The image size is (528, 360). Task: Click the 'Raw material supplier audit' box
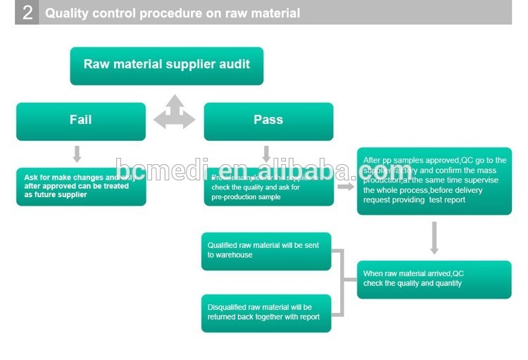(166, 66)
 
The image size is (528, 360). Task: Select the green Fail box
(81, 121)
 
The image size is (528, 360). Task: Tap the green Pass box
(268, 121)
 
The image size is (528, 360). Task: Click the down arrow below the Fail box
(77, 154)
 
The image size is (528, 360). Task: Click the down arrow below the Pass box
(266, 154)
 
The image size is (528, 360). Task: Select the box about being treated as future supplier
(81, 187)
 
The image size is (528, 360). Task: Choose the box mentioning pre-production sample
(268, 187)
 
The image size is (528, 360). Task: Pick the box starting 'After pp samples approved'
(434, 181)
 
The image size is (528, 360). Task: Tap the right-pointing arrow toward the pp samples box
(345, 187)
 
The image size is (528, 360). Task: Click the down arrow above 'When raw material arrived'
(434, 238)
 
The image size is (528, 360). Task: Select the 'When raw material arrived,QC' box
(434, 279)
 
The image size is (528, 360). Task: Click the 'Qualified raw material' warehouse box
(266, 251)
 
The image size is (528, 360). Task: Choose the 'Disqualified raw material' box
(266, 313)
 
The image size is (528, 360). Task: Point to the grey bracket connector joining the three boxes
(344, 282)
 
